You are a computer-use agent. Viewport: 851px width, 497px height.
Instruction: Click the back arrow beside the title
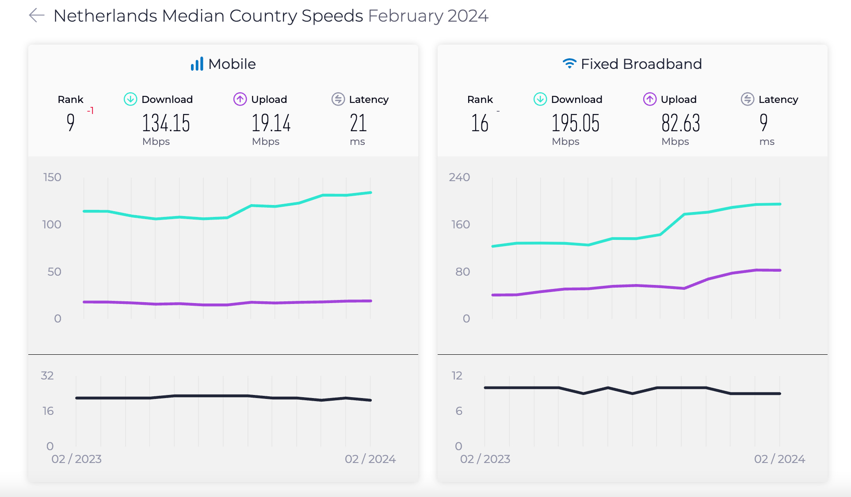[x=37, y=15]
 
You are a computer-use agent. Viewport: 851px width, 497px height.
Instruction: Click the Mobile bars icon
[x=197, y=64]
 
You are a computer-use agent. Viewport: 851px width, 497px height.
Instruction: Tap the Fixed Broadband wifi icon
[x=569, y=64]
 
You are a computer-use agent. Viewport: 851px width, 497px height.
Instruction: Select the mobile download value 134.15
[x=166, y=123]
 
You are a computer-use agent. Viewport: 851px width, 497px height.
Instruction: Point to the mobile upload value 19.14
[x=271, y=123]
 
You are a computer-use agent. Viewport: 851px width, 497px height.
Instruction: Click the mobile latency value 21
[x=358, y=123]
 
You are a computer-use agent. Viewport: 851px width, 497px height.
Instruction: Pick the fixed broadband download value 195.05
[x=575, y=123]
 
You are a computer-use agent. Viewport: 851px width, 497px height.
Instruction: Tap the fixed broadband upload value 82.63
[x=680, y=123]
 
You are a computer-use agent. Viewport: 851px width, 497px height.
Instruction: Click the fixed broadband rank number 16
[x=480, y=123]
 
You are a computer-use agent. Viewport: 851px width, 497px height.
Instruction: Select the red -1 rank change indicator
[x=90, y=110]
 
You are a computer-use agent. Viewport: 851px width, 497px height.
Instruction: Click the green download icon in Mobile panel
[x=130, y=99]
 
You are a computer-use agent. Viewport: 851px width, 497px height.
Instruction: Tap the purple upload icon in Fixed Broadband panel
[x=649, y=99]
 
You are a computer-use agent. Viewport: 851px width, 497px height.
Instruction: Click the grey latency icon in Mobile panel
[x=338, y=99]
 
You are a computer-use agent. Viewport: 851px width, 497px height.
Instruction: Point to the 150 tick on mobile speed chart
[x=52, y=177]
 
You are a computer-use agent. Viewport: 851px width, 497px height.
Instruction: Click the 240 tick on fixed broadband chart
[x=459, y=177]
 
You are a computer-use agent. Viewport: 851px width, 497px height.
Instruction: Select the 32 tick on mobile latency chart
[x=47, y=376]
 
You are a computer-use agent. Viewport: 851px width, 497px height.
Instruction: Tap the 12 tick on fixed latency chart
[x=457, y=376]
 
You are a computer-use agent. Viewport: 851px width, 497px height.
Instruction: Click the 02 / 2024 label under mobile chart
[x=370, y=459]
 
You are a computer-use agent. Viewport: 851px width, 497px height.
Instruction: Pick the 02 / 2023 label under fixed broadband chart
[x=485, y=459]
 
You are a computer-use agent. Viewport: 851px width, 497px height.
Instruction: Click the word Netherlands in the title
[x=105, y=16]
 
